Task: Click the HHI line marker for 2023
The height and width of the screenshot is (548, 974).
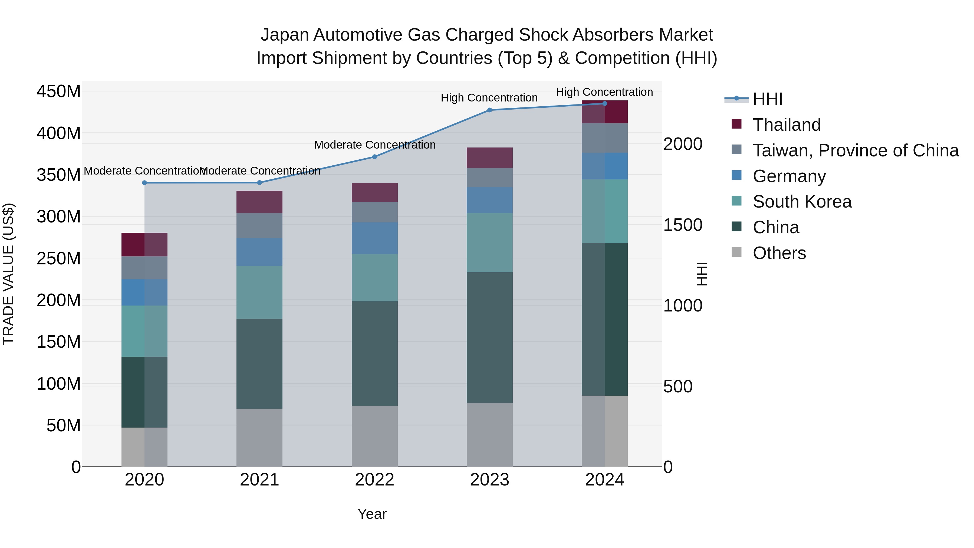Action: (489, 110)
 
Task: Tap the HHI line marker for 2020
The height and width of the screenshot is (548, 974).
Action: (144, 183)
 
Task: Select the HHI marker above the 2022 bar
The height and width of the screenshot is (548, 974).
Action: (374, 157)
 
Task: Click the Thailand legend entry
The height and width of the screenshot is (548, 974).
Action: (787, 125)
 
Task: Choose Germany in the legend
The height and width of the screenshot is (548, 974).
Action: (789, 176)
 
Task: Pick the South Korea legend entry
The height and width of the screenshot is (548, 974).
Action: (802, 202)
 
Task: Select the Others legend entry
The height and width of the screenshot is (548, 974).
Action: (779, 253)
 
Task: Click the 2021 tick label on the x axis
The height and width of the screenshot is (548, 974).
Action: (259, 480)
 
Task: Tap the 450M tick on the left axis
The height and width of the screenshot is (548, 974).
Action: (59, 91)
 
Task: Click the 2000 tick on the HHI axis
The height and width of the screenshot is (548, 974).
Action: (683, 144)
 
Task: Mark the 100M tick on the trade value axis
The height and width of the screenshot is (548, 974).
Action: (59, 384)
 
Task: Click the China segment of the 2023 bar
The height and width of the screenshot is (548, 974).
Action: (489, 337)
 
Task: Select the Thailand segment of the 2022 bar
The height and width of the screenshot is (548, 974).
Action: (374, 192)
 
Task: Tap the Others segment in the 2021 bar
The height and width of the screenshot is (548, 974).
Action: (259, 438)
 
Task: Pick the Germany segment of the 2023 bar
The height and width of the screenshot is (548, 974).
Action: (489, 201)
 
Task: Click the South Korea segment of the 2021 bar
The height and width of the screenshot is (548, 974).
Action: (259, 292)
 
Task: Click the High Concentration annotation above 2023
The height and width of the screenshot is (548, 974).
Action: (489, 98)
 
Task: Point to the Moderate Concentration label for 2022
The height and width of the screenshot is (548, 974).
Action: (375, 145)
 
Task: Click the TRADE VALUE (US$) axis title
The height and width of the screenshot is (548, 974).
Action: (9, 274)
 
